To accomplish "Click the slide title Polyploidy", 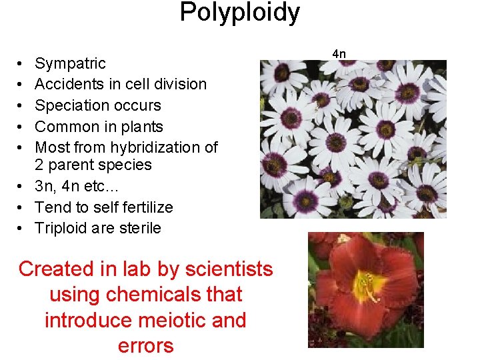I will pos(240,13).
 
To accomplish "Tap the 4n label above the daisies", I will pos(339,53).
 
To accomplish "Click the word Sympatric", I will pos(70,63).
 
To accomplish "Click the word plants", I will pos(142,127).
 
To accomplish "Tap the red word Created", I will pos(57,269).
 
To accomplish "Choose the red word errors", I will pos(145,345).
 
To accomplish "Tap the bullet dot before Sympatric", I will pos(21,64).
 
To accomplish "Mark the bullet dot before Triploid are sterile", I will pos(21,229).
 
